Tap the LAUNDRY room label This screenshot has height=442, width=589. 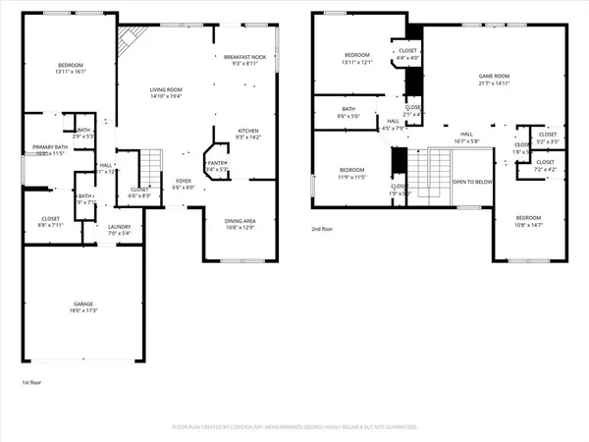pos(119,226)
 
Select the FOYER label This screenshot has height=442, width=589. pos(184,181)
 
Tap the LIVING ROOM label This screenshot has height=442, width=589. pos(166,89)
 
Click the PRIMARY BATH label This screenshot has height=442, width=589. pos(48,147)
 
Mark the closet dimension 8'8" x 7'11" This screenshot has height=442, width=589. pos(51,225)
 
